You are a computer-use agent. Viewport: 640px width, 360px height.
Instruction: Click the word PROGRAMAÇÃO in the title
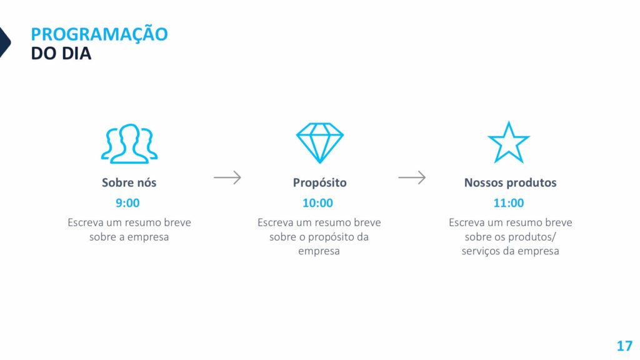coord(99,34)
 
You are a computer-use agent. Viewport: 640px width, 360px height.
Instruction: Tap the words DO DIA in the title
coord(61,54)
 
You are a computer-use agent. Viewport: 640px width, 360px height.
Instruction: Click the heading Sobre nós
coord(129,182)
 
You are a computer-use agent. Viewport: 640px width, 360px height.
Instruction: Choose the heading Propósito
coord(319,183)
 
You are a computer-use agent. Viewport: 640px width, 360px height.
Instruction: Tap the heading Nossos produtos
coord(510,183)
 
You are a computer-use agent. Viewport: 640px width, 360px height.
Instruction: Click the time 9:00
coord(127,203)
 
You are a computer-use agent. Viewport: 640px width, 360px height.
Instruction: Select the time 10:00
coord(317,203)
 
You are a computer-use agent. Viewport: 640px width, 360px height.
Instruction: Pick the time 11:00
coord(509,203)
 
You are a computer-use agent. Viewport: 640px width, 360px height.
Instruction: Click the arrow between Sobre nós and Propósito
coord(227,177)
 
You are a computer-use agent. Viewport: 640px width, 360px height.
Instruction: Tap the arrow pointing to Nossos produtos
coord(412,177)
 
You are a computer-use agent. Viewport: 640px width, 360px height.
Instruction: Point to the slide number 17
coord(624,346)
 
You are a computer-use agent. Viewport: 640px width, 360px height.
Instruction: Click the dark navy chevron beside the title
coord(5,42)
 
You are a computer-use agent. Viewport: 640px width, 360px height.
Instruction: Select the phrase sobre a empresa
coord(129,237)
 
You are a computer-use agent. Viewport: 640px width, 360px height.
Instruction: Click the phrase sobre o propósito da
coord(319,237)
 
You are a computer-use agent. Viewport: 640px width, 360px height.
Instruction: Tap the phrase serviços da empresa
coord(510,251)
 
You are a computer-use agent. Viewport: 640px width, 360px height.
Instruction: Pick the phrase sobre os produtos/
coord(510,237)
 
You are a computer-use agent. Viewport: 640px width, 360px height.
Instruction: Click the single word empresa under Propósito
coord(319,251)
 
